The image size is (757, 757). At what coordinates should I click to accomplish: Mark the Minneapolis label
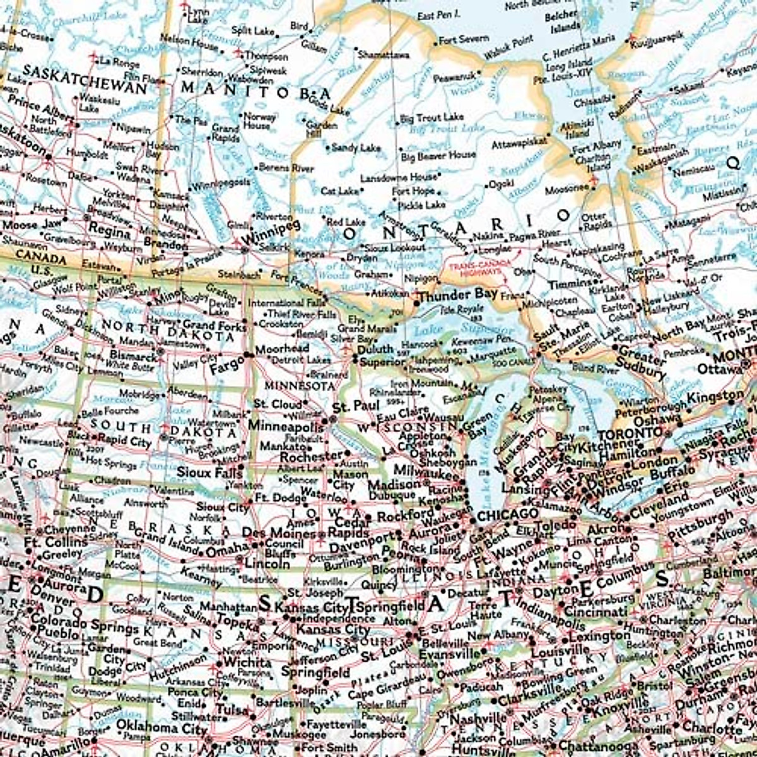(285, 426)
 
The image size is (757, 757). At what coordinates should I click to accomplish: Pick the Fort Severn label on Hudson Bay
(464, 40)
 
